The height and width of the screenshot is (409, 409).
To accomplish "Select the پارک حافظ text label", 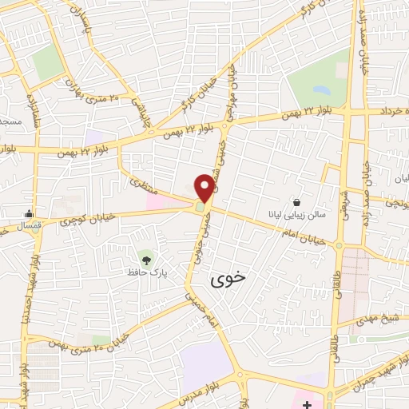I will pyautogui.click(x=145, y=273).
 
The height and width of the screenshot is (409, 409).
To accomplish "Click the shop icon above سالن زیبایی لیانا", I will pyautogui.click(x=297, y=202).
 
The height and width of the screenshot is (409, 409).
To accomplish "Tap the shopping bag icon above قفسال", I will pyautogui.click(x=30, y=213).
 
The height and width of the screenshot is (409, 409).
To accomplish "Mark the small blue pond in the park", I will pyautogui.click(x=321, y=90).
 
